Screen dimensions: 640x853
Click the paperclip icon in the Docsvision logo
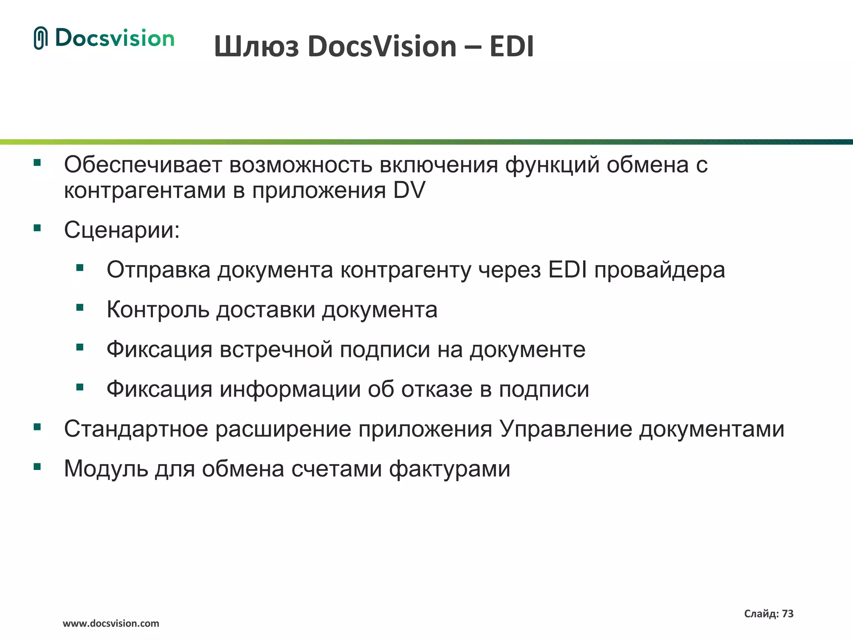click(40, 38)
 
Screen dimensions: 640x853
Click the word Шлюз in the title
click(256, 46)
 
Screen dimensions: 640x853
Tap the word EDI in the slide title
click(511, 46)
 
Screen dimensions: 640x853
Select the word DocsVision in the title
click(382, 46)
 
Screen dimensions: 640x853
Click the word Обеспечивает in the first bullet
click(143, 165)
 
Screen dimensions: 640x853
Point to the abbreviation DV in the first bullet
click(409, 191)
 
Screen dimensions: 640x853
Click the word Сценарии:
click(122, 230)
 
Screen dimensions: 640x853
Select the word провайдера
click(659, 270)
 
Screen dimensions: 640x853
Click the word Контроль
click(157, 310)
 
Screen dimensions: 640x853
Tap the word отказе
click(436, 389)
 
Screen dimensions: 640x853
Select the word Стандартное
click(136, 429)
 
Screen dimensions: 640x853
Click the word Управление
click(566, 429)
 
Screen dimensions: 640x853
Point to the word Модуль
click(106, 469)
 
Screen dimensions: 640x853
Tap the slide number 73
click(788, 614)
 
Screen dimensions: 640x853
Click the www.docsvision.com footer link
click(111, 624)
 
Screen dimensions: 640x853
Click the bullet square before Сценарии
click(37, 228)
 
